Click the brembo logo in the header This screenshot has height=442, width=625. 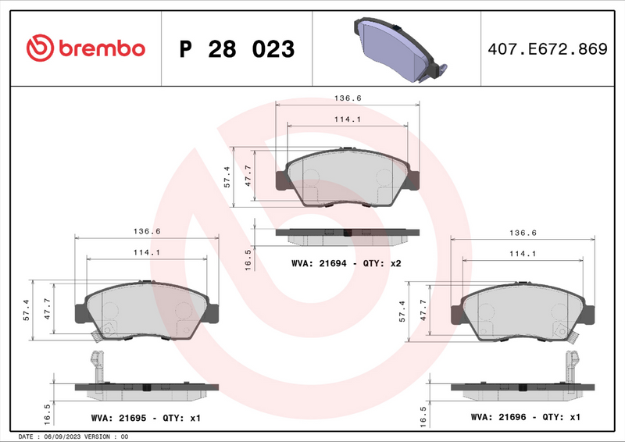click(86, 48)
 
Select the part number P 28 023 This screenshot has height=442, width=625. click(237, 49)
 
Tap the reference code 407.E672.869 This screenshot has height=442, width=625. click(546, 49)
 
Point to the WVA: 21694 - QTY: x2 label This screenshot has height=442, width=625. click(346, 264)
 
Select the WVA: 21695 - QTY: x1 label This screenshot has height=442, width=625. click(146, 419)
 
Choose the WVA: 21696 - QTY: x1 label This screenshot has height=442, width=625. click(525, 418)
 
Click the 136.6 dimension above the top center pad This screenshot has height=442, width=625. click(347, 98)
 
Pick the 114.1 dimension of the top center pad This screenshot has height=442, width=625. click(347, 119)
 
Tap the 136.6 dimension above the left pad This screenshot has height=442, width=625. click(146, 231)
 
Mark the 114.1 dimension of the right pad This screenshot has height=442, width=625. click(523, 254)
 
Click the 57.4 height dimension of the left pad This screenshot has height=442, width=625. click(26, 311)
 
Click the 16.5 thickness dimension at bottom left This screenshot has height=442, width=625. click(48, 411)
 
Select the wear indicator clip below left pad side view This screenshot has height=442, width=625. click(97, 365)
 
